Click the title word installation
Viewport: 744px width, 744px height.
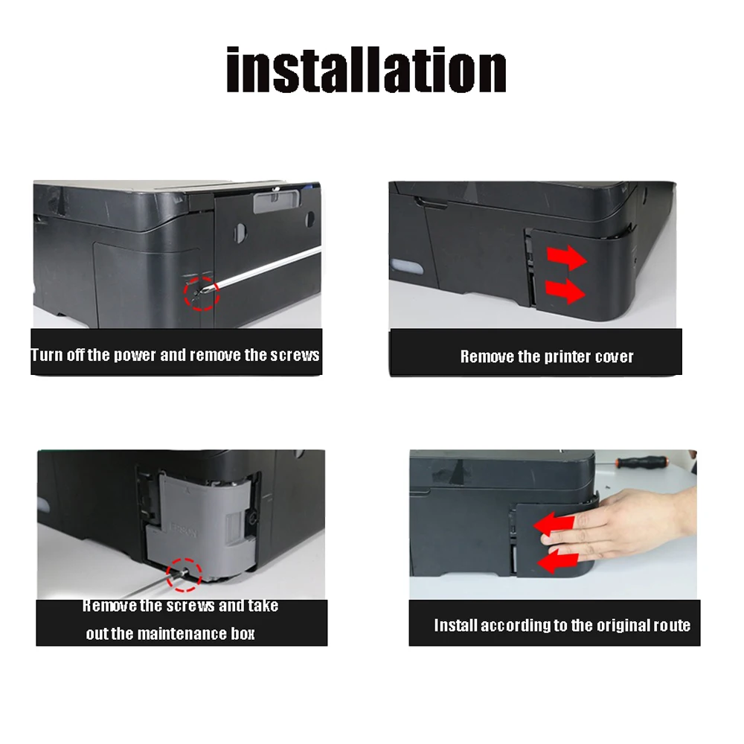pos(366,69)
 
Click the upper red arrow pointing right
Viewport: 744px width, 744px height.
pos(566,257)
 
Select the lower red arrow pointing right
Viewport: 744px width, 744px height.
pos(565,291)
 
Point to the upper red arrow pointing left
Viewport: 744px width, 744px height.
pos(554,526)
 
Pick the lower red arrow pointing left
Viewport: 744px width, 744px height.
pos(557,562)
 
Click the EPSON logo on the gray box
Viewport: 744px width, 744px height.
pos(183,530)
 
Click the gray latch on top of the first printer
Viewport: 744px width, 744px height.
pos(277,201)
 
